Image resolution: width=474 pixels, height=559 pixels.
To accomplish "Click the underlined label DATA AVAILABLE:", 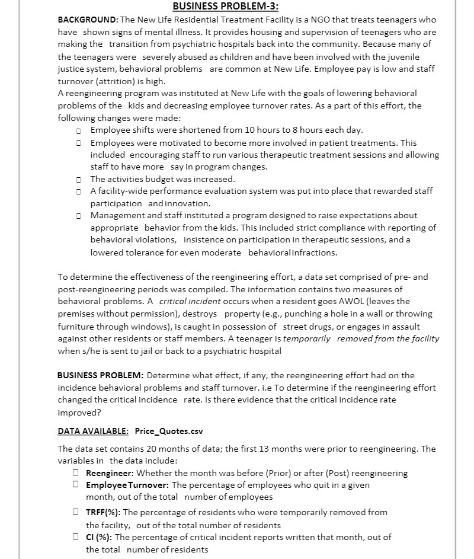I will (93, 430).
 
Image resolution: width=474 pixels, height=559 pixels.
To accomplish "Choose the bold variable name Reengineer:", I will (110, 473).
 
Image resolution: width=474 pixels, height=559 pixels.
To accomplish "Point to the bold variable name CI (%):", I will (99, 537).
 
